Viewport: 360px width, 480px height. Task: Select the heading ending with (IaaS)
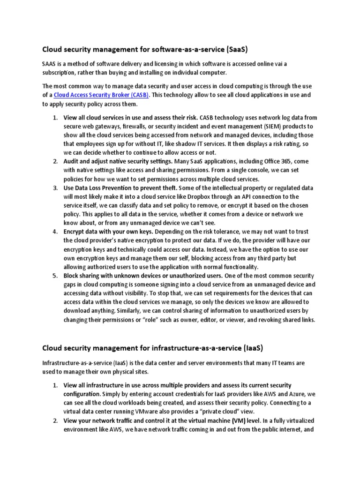152,348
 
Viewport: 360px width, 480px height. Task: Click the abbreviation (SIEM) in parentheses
266,127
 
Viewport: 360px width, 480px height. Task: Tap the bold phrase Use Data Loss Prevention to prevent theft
120,188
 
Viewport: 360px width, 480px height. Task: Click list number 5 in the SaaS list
54,275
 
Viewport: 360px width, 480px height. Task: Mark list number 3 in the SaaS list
54,188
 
